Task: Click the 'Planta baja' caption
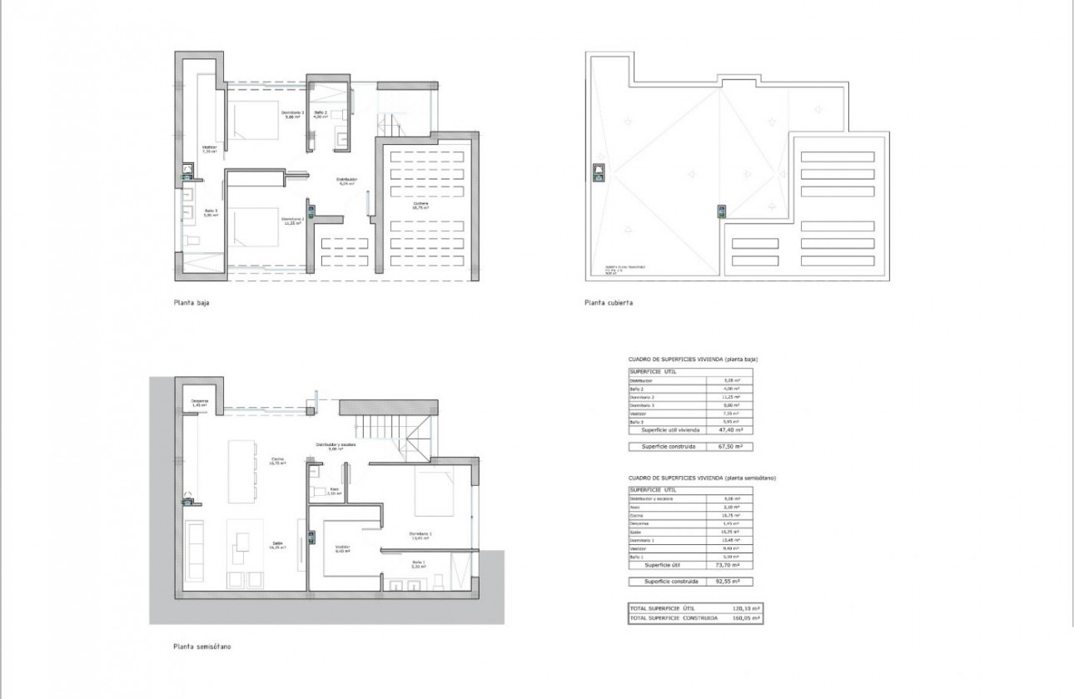(x=191, y=303)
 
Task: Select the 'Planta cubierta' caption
(x=609, y=303)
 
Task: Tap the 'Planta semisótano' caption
(x=196, y=646)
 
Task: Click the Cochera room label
(x=421, y=206)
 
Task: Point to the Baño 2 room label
(x=321, y=114)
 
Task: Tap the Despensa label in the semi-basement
(x=199, y=403)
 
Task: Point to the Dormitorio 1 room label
(x=420, y=535)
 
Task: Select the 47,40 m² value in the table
(x=729, y=430)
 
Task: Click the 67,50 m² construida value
(x=729, y=447)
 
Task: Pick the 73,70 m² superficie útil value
(x=729, y=563)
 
